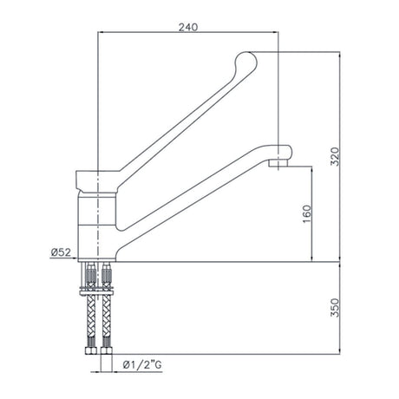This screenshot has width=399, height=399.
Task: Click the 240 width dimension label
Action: (x=188, y=27)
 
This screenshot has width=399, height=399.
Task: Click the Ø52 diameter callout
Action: (x=62, y=252)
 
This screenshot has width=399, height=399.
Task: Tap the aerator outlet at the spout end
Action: (x=279, y=163)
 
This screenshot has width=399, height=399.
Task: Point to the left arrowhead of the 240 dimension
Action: (x=102, y=34)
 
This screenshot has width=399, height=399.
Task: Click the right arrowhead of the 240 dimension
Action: (x=275, y=34)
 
